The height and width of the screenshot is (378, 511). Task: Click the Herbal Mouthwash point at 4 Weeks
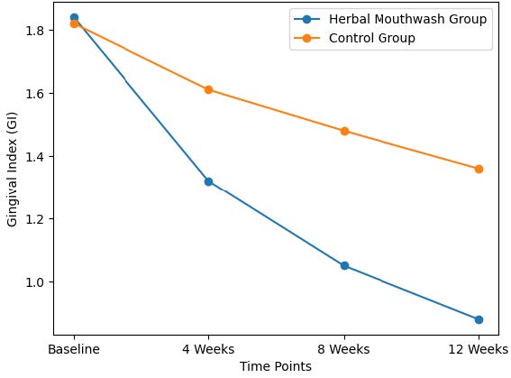(x=208, y=181)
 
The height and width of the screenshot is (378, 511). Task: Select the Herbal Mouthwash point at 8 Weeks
(x=344, y=266)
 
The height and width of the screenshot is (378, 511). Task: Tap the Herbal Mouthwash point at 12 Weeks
(x=479, y=319)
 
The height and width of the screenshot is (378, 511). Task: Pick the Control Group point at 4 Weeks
(x=208, y=89)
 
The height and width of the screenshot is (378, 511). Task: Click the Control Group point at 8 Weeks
(x=344, y=131)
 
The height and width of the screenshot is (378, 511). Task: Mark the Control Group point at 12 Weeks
(x=479, y=169)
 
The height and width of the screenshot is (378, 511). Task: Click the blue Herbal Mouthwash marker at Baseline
(x=74, y=17)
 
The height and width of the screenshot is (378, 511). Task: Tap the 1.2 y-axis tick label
(x=36, y=219)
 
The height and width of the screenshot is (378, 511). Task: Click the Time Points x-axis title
(x=276, y=366)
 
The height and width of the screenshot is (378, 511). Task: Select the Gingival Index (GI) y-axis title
(x=13, y=169)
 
